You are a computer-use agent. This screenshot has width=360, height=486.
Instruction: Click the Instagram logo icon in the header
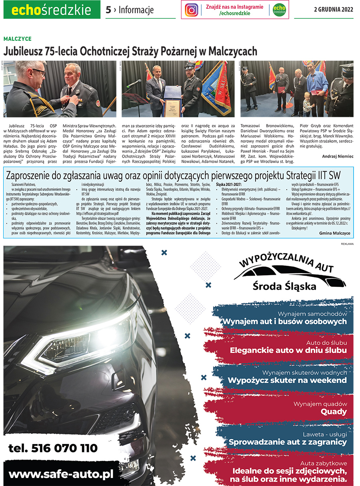click(x=192, y=10)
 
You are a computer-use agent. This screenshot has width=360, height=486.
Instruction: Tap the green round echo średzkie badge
click(x=279, y=10)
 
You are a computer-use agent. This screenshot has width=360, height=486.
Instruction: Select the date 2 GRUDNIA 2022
click(x=334, y=10)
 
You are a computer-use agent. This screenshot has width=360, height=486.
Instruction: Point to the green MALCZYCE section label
click(x=17, y=39)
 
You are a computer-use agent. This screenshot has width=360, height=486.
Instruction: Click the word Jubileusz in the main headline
click(x=22, y=51)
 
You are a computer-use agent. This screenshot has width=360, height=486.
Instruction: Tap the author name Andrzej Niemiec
click(x=338, y=156)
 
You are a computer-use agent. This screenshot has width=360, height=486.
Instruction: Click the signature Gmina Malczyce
click(x=335, y=233)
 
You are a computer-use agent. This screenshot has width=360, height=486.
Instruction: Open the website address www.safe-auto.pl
click(x=61, y=474)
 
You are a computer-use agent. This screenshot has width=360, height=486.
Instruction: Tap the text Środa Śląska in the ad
click(x=284, y=286)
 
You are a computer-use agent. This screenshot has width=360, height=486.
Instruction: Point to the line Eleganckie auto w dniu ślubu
click(x=288, y=350)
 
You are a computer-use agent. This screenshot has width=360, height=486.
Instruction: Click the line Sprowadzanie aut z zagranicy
click(x=287, y=442)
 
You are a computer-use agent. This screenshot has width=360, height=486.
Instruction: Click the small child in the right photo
click(x=307, y=105)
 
